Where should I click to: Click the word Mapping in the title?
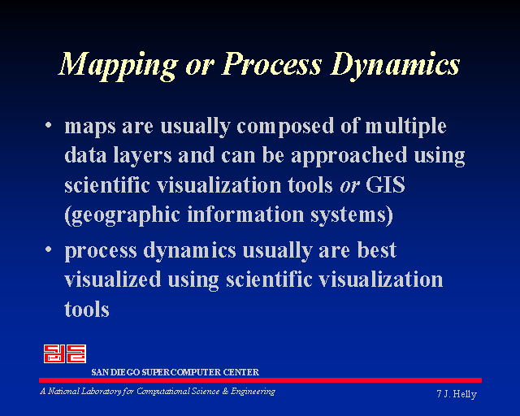[x=118, y=65]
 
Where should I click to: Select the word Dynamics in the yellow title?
[x=395, y=65]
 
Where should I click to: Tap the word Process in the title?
[x=271, y=63]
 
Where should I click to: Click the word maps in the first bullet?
[x=90, y=128]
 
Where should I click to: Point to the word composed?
[x=285, y=127]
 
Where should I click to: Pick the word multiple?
[x=405, y=127]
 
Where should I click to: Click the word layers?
[x=142, y=156]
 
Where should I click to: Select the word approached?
[x=349, y=156]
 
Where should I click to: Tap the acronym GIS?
[x=385, y=184]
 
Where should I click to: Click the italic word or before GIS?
[x=349, y=187]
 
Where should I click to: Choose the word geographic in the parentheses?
[x=122, y=215]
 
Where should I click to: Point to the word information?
[x=245, y=214]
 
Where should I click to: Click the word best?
[x=377, y=249]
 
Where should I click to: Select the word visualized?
[x=113, y=279]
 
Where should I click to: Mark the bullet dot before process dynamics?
[x=49, y=249]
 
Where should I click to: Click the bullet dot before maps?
[x=49, y=125]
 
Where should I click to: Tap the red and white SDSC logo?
[x=65, y=353]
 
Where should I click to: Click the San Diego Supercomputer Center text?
[x=175, y=372]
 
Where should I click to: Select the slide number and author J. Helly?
[x=457, y=394]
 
